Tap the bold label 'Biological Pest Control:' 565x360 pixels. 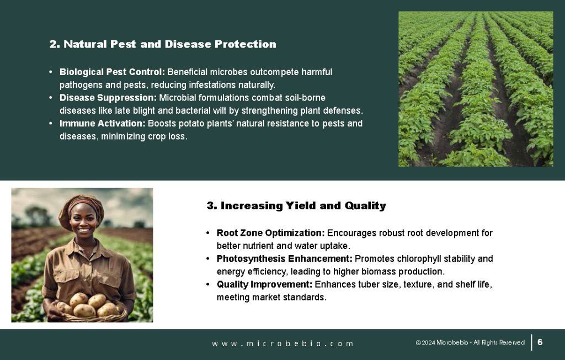pyautogui.click(x=112, y=72)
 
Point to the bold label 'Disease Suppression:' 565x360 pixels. pyautogui.click(x=108, y=98)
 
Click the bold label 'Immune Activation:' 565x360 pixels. pyautogui.click(x=102, y=123)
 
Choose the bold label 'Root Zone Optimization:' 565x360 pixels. pyautogui.click(x=270, y=233)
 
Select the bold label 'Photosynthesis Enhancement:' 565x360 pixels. pyautogui.click(x=284, y=258)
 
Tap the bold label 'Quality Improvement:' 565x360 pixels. pyautogui.click(x=264, y=284)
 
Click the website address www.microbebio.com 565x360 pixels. pyautogui.click(x=282, y=344)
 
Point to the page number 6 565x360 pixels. pyautogui.click(x=540, y=342)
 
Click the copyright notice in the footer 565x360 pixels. pyautogui.click(x=470, y=342)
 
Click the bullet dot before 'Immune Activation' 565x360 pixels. pyautogui.click(x=50, y=123)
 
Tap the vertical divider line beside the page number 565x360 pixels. pyautogui.click(x=531, y=342)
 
